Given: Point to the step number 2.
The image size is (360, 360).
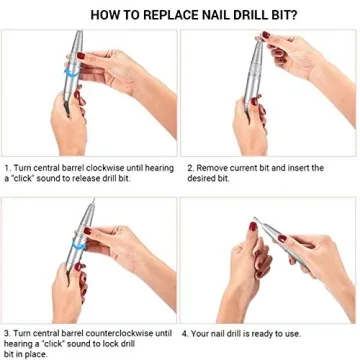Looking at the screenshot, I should pyautogui.click(x=189, y=167).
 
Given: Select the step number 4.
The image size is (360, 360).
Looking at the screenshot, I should pyautogui.click(x=189, y=333).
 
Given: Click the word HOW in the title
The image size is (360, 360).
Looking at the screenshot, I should pyautogui.click(x=104, y=15).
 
